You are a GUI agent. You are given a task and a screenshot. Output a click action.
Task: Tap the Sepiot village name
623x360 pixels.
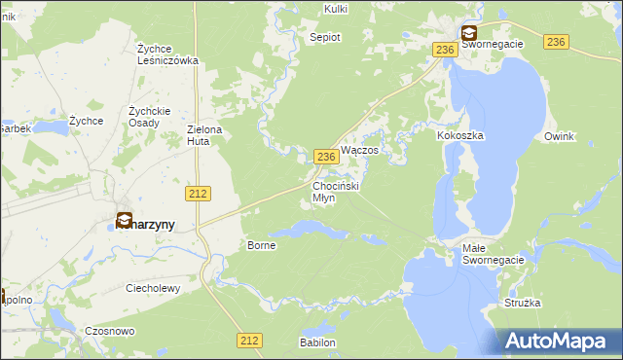pos(325,37)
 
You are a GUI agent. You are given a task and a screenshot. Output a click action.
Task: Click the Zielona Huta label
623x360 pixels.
pos(205,135)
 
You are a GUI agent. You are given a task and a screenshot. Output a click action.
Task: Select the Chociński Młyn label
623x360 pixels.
pos(337,191)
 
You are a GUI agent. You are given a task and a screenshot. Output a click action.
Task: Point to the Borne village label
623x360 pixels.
pos(263,245)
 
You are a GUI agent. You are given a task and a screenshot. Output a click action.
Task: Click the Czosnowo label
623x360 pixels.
pos(110,331)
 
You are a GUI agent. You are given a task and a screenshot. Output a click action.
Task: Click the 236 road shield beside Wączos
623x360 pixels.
pos(326,157)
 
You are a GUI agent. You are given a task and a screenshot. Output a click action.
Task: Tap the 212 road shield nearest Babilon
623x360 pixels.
pos(249,340)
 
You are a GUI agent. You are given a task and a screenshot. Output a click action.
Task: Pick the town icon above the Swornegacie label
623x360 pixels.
pos(469,31)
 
